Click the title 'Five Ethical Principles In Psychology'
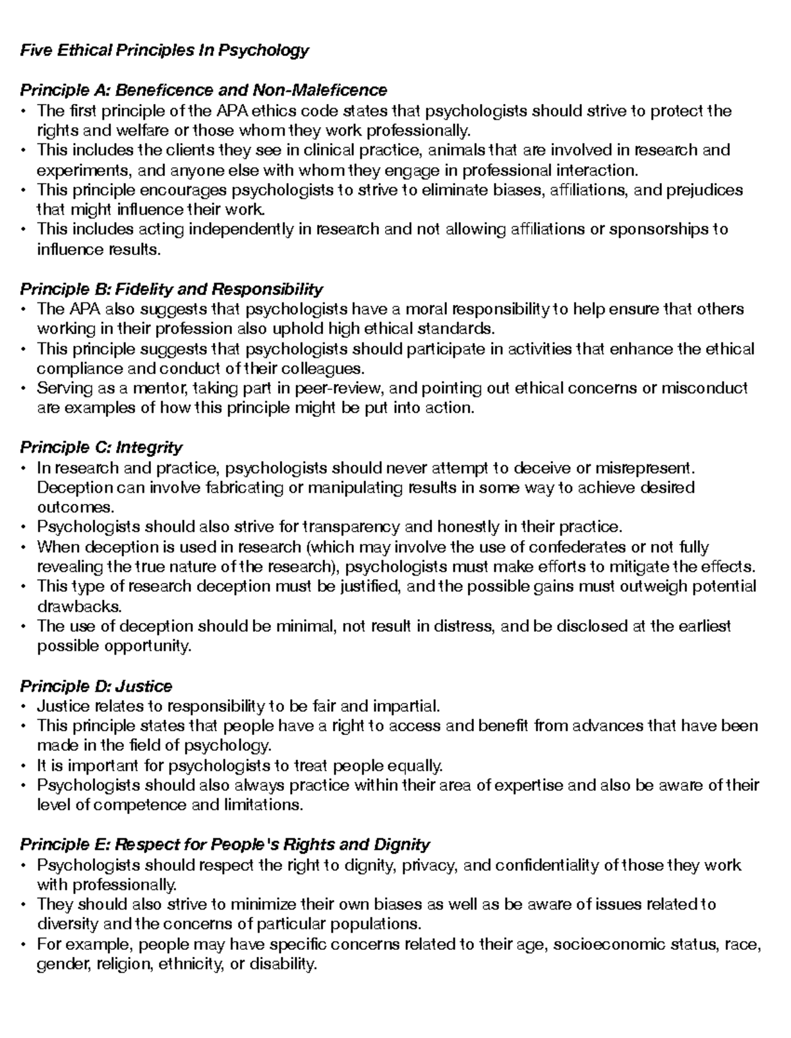click(164, 50)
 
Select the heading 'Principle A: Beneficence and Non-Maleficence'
click(203, 90)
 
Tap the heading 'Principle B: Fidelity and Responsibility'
click(171, 289)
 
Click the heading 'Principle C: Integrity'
click(101, 448)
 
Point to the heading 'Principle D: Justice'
click(96, 686)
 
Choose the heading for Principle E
click(225, 845)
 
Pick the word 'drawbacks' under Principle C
click(70, 607)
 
